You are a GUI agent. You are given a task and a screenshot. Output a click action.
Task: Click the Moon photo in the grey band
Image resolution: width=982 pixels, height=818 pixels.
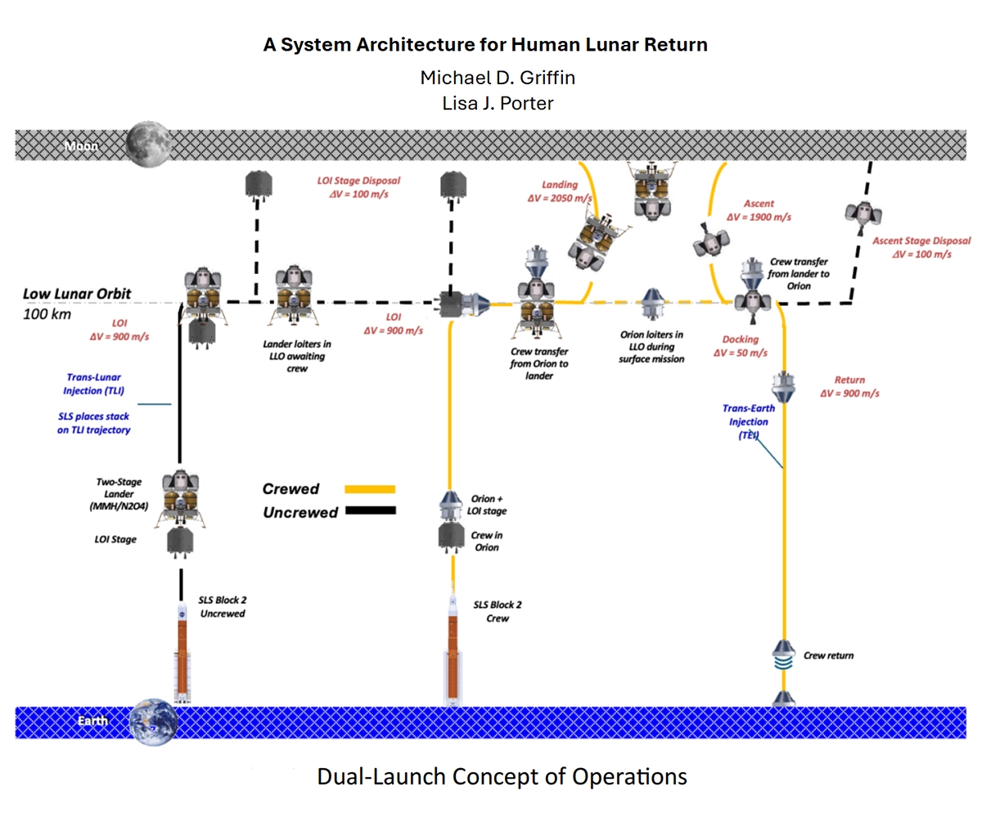[149, 144]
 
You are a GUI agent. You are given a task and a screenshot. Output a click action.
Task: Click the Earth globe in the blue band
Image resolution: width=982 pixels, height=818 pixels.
[153, 721]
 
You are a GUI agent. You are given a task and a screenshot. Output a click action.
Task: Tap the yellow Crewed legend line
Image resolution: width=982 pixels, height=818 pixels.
[370, 489]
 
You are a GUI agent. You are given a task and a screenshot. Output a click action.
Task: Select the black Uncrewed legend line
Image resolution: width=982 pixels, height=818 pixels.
[371, 510]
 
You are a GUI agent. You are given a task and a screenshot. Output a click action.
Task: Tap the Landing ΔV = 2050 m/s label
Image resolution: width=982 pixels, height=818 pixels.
[560, 191]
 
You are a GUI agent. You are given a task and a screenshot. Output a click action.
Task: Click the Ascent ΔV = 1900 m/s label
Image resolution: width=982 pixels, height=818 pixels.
[759, 210]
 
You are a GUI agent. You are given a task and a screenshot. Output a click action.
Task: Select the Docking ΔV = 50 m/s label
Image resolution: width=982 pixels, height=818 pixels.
[741, 346]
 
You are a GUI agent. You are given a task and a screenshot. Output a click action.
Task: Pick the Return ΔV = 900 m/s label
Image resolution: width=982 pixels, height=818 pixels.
[849, 386]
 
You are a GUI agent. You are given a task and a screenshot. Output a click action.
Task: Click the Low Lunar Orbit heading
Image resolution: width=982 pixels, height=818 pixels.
[77, 294]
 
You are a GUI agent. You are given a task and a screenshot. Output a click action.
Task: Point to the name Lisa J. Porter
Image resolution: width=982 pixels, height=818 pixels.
[498, 103]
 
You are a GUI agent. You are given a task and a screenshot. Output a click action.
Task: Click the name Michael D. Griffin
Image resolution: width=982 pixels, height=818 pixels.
[498, 78]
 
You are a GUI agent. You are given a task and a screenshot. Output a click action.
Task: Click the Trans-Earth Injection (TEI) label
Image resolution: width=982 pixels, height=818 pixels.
[748, 422]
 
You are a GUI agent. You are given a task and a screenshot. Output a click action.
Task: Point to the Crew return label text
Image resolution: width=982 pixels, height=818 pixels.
[828, 655]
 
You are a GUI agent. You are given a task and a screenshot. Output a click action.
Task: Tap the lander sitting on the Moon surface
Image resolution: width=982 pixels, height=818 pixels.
[652, 191]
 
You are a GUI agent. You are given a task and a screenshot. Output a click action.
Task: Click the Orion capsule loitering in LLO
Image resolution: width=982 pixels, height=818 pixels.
[651, 303]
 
